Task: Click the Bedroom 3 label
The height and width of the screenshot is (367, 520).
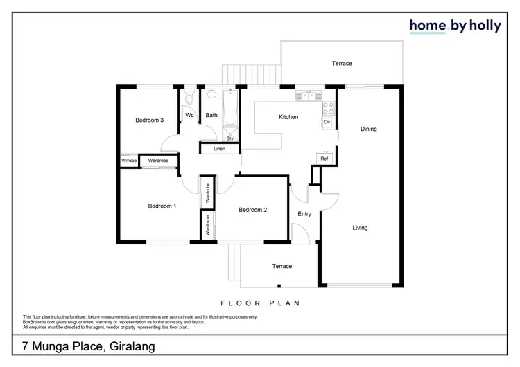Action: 149,120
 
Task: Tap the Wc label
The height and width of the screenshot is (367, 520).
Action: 189,115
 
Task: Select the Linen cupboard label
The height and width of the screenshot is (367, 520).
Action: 219,149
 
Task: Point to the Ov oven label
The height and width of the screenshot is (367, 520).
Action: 327,123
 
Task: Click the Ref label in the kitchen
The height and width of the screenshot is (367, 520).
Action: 323,159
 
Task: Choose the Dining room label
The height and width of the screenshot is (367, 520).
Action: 368,129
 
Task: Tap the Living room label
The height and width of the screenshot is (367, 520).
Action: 360,228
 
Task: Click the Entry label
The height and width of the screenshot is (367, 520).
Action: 304,214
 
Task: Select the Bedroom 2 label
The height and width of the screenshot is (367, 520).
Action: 253,210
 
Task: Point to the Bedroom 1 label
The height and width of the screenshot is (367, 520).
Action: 162,206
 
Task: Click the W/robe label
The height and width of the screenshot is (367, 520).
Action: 129,161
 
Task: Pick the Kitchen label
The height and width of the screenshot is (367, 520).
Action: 288,117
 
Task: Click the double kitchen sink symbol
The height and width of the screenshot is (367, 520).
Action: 305,96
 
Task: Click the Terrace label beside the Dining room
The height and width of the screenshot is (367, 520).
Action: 341,64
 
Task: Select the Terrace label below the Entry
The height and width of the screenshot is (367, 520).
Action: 281,266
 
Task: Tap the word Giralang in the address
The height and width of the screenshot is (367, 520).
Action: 132,346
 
